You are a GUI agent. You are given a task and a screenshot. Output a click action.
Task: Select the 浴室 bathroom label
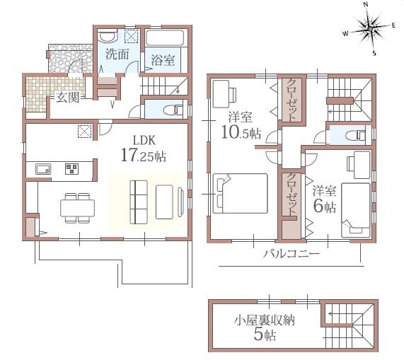coord(163,61)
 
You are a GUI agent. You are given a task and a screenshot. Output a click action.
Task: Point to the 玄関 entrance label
coord(68,98)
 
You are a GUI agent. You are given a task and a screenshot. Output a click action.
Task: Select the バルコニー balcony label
coord(290,252)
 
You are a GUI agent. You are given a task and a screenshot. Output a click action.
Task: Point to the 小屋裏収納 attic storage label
coord(265,320)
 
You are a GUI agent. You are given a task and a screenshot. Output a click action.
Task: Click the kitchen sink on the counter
coord(42,168)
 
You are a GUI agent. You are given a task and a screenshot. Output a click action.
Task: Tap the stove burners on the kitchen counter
coord(71,168)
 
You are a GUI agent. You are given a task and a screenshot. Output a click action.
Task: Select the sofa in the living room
coord(139,201)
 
